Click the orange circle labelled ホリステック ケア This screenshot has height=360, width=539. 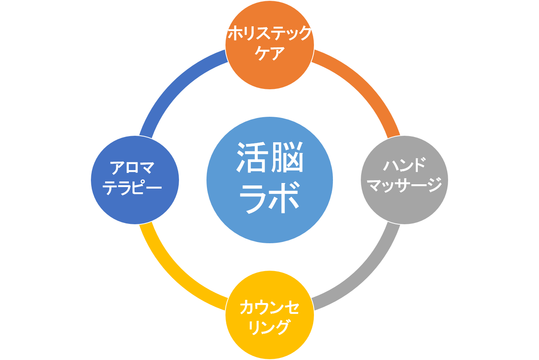point(269,45)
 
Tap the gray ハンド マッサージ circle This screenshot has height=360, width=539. point(404,180)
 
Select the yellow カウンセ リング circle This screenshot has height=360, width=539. point(269,315)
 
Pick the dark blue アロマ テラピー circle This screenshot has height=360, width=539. point(135,180)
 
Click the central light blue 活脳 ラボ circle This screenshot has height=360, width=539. point(269,180)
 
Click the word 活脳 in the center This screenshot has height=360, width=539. point(269,157)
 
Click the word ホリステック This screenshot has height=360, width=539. point(269,33)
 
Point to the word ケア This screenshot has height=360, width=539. point(269,53)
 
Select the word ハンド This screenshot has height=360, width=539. point(404,165)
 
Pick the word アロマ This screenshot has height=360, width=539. point(132,168)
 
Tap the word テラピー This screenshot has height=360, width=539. point(132,187)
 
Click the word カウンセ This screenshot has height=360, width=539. point(269,307)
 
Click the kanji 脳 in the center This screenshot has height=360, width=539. point(287,157)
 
